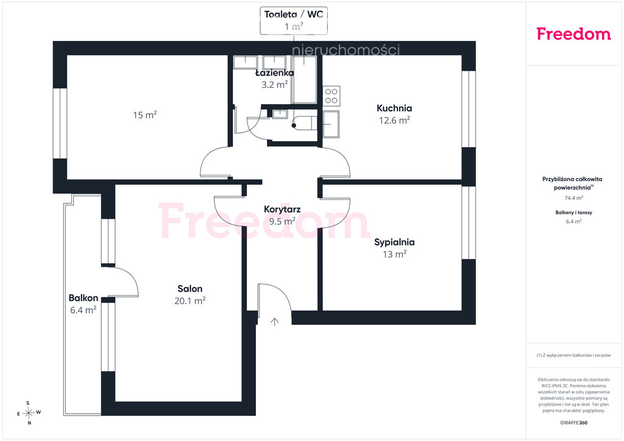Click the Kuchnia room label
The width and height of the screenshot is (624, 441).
click(x=394, y=108)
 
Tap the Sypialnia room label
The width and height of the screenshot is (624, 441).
click(x=394, y=242)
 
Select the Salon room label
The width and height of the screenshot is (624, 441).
click(x=190, y=289)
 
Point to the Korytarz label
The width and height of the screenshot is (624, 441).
click(x=282, y=209)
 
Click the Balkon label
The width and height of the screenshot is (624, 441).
click(x=83, y=298)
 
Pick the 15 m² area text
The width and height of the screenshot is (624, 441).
click(x=145, y=115)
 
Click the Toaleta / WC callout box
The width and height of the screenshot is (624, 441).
click(x=294, y=20)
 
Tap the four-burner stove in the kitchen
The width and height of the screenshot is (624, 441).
click(x=331, y=96)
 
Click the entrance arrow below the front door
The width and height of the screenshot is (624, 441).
click(x=274, y=322)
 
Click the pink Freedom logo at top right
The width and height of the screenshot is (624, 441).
click(x=573, y=34)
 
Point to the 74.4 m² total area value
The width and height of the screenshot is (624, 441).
click(x=574, y=197)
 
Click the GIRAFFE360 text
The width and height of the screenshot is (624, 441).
click(x=573, y=423)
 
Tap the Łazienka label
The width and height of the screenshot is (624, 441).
click(x=275, y=72)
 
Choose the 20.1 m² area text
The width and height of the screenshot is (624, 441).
click(x=190, y=301)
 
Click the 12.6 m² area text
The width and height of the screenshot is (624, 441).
click(x=394, y=121)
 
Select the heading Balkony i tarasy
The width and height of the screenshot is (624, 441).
click(x=573, y=213)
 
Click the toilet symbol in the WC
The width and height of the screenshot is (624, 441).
click(x=304, y=123)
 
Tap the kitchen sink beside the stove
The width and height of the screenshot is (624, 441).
click(x=331, y=124)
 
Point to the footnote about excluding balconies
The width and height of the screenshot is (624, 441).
click(x=573, y=355)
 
